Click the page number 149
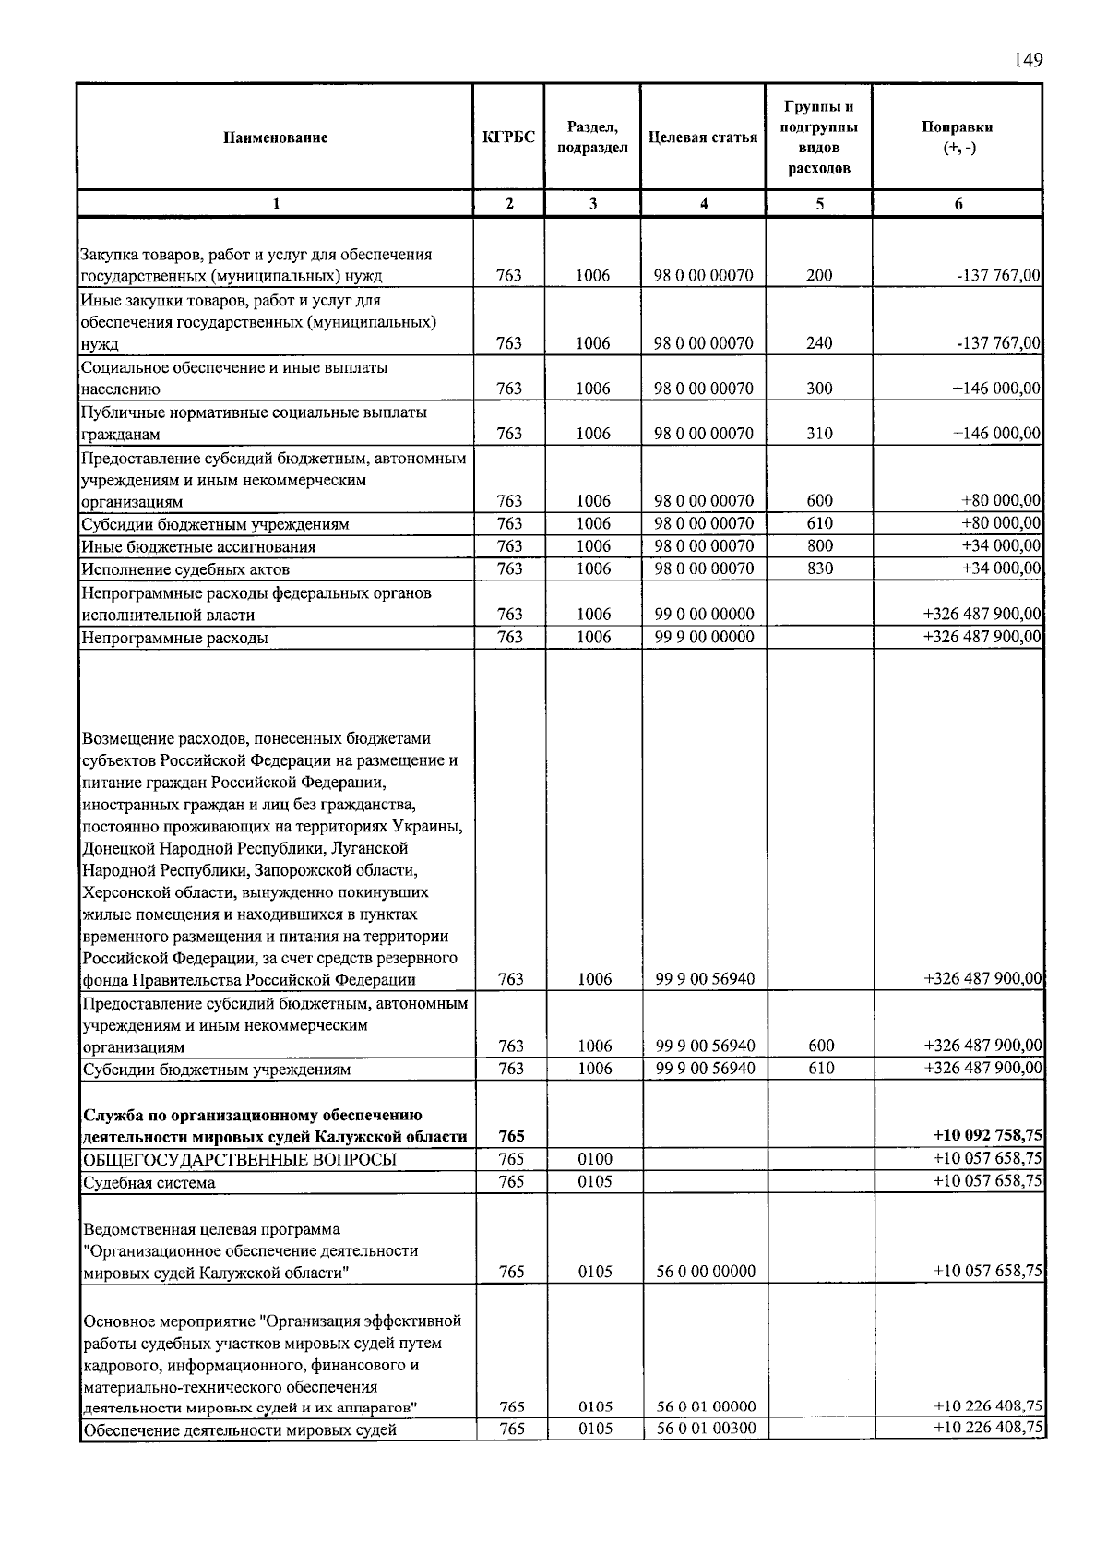tap(1027, 61)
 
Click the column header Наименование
tap(275, 137)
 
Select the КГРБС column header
tap(508, 137)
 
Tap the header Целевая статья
tap(703, 137)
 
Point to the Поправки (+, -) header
tap(958, 137)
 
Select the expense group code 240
tap(819, 343)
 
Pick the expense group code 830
tap(819, 568)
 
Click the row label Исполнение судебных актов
tap(185, 569)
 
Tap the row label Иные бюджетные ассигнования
tap(198, 547)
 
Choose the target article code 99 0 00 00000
tap(704, 615)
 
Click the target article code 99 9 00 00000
tap(704, 638)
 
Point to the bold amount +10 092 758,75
tap(988, 1136)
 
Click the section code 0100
tap(595, 1160)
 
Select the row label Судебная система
tap(149, 1183)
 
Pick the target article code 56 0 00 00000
tap(706, 1272)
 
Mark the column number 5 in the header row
tap(819, 204)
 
